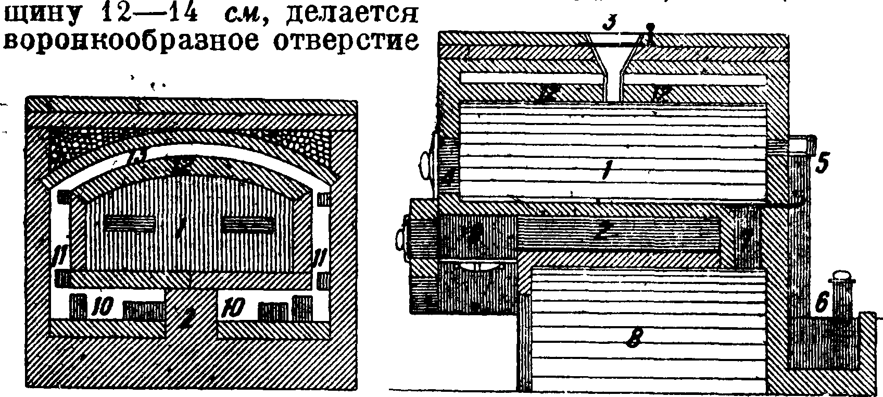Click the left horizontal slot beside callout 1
point(130,225)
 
